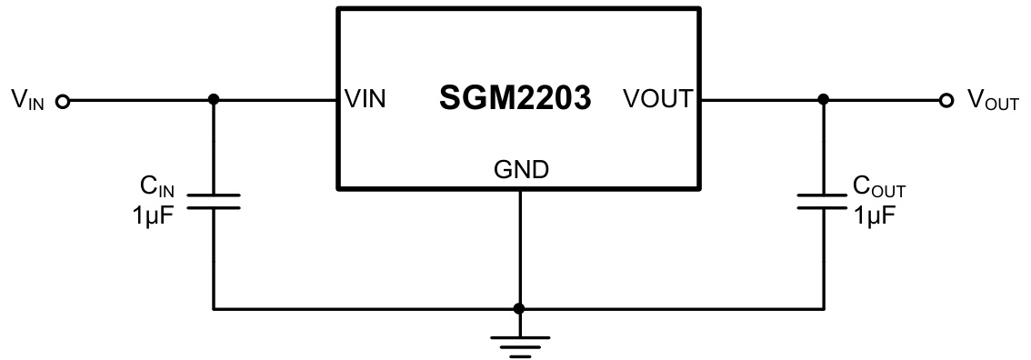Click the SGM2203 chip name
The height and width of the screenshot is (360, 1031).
[515, 99]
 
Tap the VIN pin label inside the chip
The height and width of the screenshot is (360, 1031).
[365, 100]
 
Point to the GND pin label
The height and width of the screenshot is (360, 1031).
[520, 169]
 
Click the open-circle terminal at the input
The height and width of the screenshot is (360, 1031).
[63, 101]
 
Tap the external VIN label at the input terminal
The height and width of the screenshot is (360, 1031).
[27, 100]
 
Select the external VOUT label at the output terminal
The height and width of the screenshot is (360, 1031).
[992, 101]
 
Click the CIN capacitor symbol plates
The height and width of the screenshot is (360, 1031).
[214, 200]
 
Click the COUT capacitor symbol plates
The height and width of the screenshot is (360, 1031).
[824, 200]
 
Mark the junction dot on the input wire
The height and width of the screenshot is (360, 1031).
[214, 100]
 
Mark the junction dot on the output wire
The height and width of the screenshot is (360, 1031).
[824, 100]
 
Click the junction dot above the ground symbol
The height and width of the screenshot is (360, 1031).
[519, 308]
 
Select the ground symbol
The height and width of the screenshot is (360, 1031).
[519, 344]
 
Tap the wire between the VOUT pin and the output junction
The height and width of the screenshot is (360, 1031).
[760, 100]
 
